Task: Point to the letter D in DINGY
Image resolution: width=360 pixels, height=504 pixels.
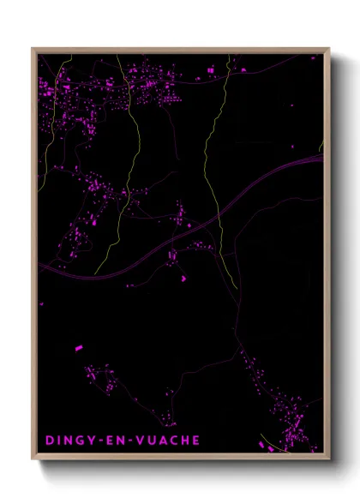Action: click(48, 441)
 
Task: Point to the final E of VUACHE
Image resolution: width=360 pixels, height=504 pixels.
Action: click(197, 441)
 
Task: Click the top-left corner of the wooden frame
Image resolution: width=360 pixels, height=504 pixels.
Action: click(33, 49)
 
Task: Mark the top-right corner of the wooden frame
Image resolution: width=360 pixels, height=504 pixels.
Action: click(328, 49)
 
